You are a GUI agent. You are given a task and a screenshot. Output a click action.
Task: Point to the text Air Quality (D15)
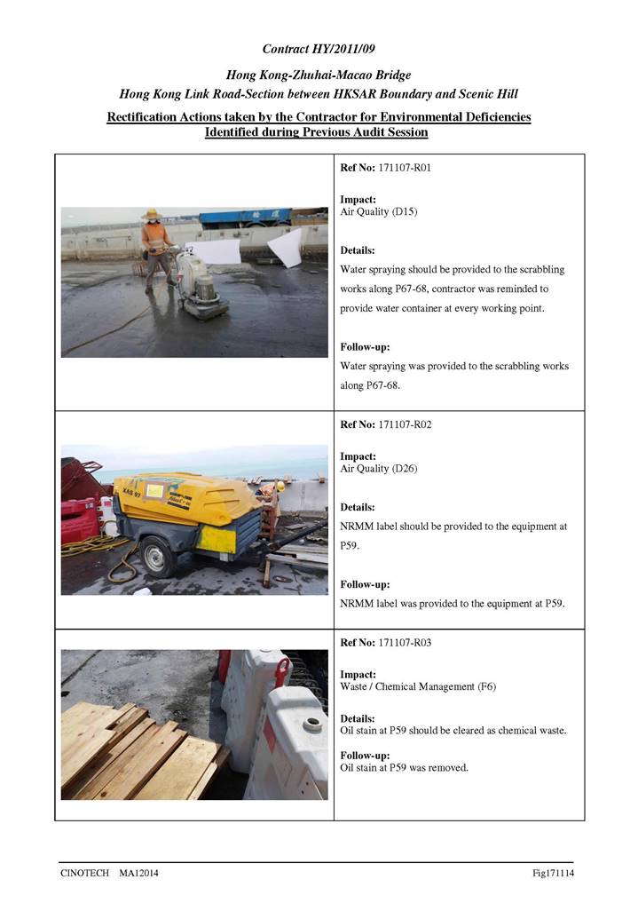[x=379, y=212]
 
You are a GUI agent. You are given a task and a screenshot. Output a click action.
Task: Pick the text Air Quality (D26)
[x=379, y=469]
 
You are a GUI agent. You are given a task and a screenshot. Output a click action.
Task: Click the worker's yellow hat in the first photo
[x=153, y=214]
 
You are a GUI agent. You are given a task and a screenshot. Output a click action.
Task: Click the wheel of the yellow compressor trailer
[x=157, y=558]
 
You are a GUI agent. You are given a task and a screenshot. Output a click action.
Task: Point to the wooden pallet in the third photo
[x=133, y=751]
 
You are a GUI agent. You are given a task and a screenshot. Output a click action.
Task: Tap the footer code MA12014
[x=140, y=874]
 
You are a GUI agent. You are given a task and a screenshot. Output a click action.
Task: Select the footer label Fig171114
[x=553, y=874]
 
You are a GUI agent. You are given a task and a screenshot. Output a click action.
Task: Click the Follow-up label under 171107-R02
[x=365, y=584]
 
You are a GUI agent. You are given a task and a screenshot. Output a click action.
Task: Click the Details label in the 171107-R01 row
[x=358, y=250]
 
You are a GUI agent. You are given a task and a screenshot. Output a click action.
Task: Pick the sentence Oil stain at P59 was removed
[x=405, y=767]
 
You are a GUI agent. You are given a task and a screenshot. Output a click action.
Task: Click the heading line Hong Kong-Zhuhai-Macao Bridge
[x=319, y=76]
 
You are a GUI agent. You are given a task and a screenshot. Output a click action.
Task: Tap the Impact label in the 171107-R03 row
[x=358, y=675]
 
